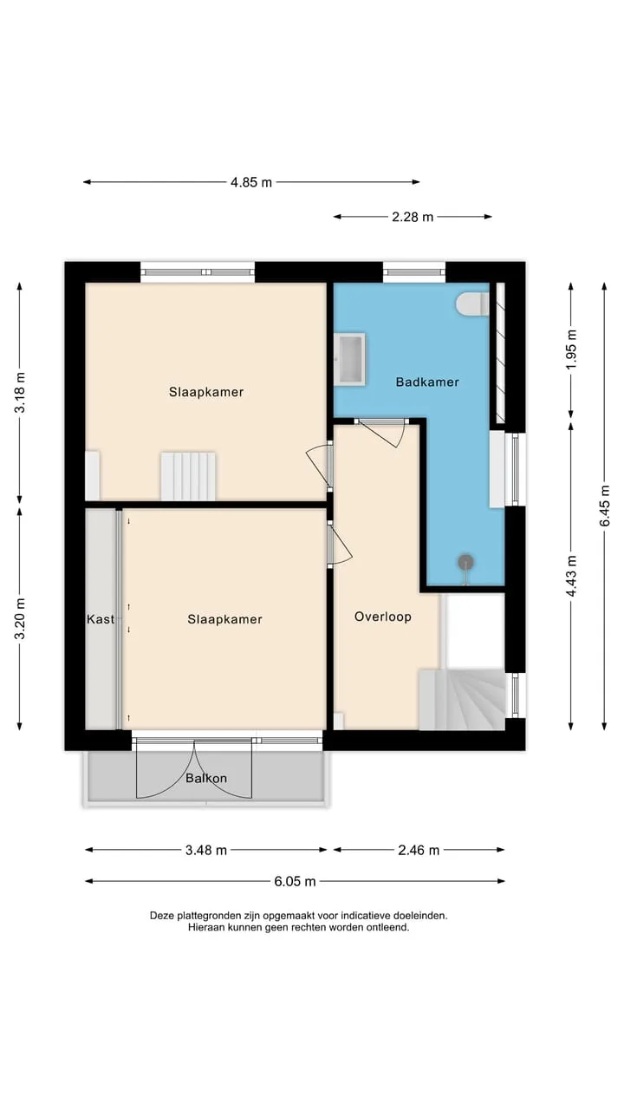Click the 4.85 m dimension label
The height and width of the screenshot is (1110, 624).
(251, 182)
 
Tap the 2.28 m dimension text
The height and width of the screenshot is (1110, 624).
(413, 217)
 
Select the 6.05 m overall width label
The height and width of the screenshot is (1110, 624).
(295, 881)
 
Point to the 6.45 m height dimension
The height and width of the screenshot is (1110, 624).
(605, 506)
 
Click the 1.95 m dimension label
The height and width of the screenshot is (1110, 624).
(571, 349)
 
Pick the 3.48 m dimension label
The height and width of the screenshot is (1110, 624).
(206, 851)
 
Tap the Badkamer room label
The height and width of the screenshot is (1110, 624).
(427, 382)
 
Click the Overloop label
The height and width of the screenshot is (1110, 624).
(383, 617)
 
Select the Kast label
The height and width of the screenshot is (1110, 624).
(101, 619)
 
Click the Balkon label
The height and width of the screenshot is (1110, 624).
(206, 778)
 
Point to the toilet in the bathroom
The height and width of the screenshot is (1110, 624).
(473, 303)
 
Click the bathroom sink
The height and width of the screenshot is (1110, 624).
(351, 359)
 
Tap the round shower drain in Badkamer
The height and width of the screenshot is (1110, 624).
(465, 561)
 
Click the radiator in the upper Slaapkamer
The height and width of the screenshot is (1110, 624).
(188, 476)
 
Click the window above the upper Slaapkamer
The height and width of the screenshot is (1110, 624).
(198, 272)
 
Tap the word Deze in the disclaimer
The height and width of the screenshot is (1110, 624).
(161, 916)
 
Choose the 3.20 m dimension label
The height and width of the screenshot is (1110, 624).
(20, 619)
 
